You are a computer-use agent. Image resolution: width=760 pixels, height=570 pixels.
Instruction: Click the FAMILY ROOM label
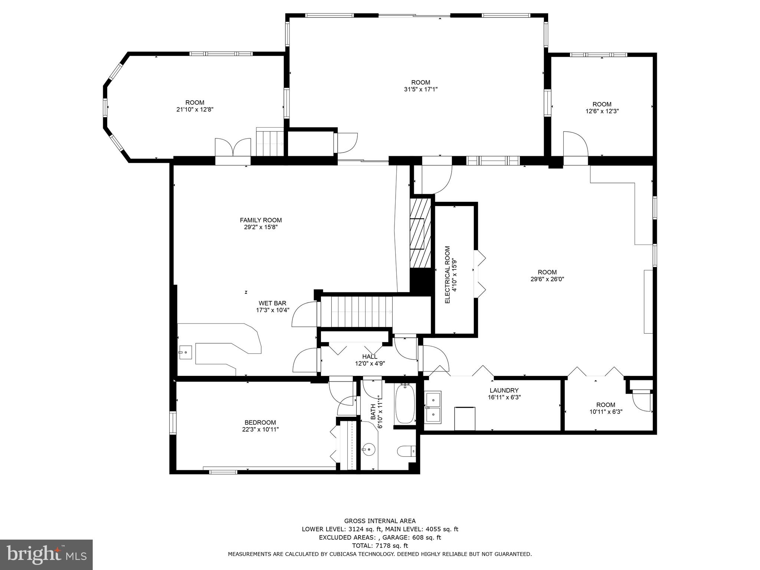[261, 220]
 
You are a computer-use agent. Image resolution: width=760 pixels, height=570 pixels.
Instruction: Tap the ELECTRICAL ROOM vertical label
[447, 275]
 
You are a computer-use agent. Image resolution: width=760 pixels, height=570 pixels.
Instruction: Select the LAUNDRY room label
[504, 390]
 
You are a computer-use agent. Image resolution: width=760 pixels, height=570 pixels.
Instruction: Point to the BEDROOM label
[260, 422]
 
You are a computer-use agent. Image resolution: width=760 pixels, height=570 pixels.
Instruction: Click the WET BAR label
[272, 303]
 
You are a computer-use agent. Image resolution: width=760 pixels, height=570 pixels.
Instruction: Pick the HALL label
[370, 357]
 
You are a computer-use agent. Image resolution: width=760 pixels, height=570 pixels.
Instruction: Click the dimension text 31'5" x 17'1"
[420, 89]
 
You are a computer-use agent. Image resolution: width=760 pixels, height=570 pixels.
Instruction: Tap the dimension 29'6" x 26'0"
[547, 279]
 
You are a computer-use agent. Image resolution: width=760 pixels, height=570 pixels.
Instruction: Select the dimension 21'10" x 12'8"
[195, 109]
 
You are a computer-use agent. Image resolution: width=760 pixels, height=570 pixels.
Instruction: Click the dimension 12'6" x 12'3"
[602, 111]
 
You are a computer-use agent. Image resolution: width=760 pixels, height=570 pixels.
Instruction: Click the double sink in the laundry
[433, 407]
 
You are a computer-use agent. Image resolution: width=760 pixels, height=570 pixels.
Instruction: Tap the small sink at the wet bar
[185, 352]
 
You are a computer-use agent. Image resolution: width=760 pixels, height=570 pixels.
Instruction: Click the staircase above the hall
[356, 312]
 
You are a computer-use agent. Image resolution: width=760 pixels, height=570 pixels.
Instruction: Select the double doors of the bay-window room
[233, 148]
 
